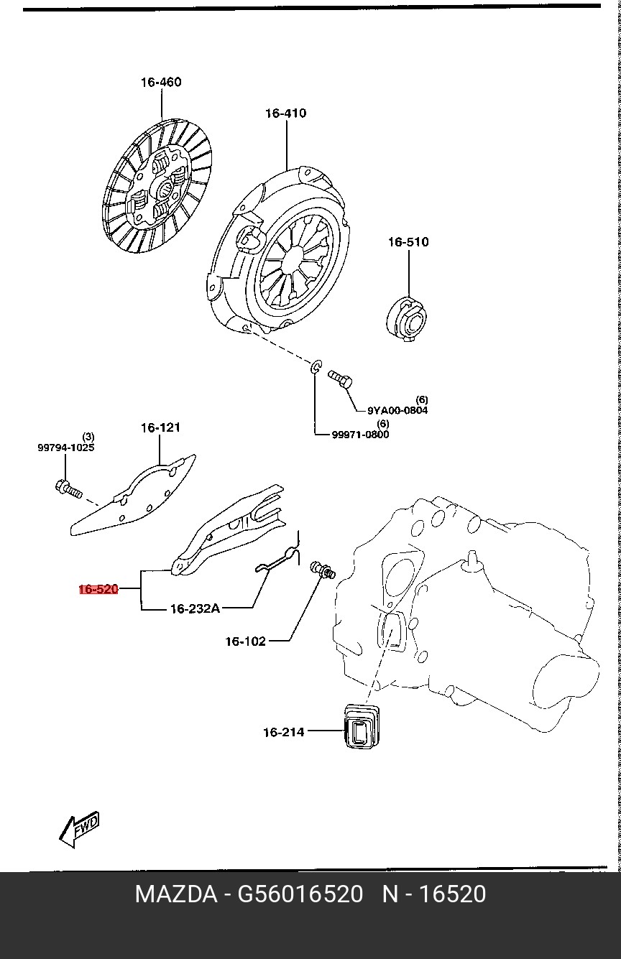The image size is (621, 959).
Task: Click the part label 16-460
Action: (161, 83)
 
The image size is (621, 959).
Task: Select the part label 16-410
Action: (285, 113)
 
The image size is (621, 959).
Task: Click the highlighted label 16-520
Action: (98, 590)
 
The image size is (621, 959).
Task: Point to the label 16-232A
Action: (195, 609)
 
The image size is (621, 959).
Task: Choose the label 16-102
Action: (246, 641)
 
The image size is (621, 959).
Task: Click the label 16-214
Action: (283, 733)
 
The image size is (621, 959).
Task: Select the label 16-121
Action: (160, 428)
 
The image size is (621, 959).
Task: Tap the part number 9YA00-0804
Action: (397, 411)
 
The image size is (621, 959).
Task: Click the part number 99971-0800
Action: (360, 435)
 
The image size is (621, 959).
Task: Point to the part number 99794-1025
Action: (66, 448)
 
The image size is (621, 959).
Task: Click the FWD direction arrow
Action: (79, 830)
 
